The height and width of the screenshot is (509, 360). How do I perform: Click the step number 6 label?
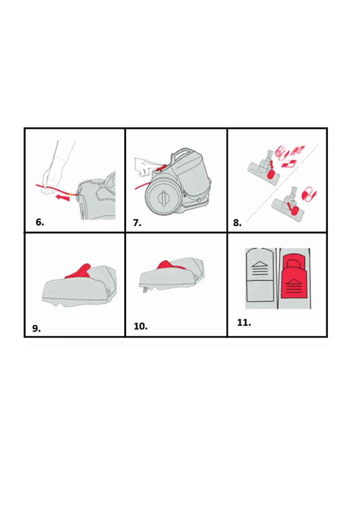(40, 222)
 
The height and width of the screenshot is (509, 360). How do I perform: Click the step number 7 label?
(137, 223)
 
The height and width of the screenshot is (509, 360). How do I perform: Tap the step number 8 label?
(237, 223)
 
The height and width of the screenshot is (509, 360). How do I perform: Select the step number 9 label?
(36, 329)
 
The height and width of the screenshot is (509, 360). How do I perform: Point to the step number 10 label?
(141, 326)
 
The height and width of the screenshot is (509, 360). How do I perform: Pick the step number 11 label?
(244, 323)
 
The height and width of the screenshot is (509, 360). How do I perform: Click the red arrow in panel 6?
(62, 197)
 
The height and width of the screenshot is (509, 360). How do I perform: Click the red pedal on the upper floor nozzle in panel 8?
(271, 175)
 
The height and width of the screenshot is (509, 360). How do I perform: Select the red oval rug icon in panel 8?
(309, 194)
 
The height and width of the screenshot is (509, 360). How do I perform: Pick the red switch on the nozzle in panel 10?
(171, 265)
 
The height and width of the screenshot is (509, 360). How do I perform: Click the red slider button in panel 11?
(294, 276)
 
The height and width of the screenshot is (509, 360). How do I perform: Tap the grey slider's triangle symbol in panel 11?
(260, 265)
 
